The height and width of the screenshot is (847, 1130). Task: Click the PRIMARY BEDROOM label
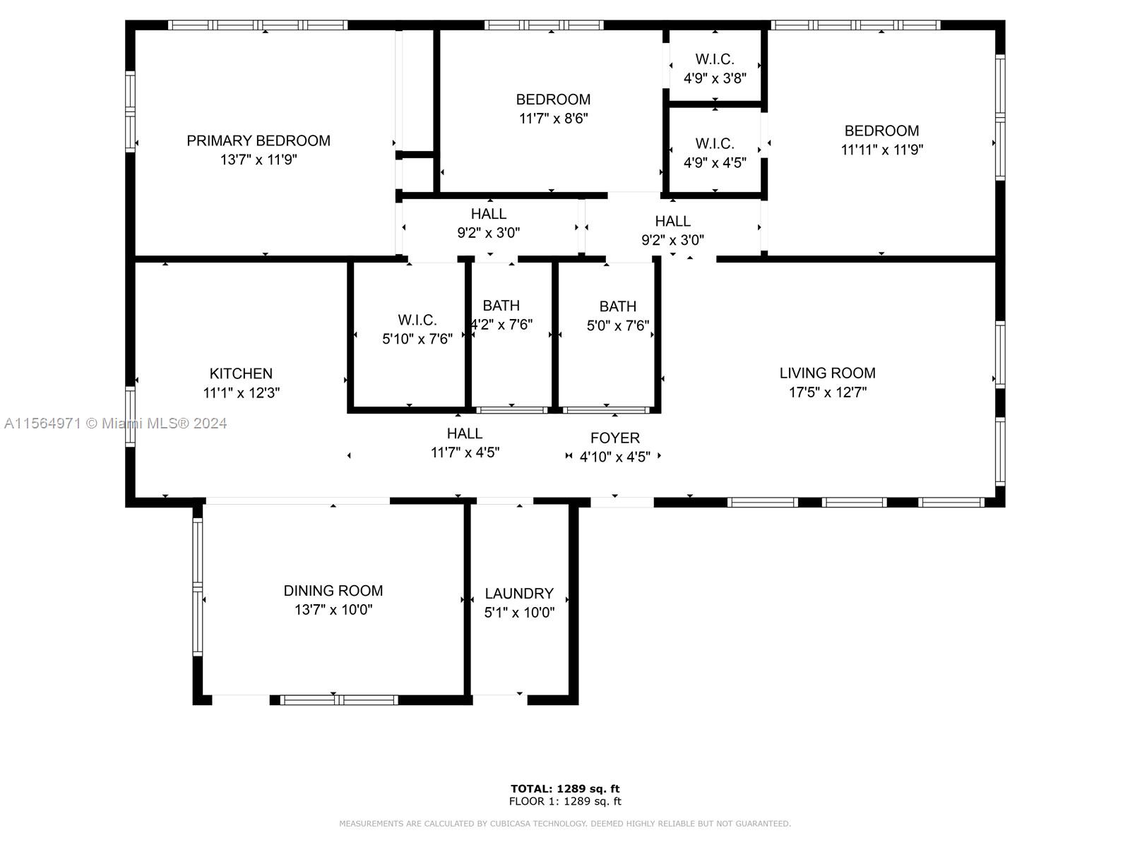(x=258, y=140)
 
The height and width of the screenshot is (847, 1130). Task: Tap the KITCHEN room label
(x=241, y=373)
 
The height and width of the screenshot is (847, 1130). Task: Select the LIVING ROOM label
(x=827, y=373)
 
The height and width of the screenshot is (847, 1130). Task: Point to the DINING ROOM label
(x=333, y=590)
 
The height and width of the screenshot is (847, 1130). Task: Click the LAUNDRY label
(x=519, y=594)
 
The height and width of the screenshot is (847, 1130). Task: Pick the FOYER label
(x=614, y=438)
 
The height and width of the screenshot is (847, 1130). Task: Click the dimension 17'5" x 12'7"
(x=828, y=392)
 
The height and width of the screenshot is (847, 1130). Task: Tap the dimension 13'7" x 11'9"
(x=258, y=160)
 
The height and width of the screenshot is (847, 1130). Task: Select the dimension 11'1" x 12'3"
(x=242, y=393)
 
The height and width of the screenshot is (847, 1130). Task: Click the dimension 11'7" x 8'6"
(x=554, y=119)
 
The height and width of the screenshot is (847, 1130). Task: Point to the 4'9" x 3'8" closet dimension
(x=715, y=78)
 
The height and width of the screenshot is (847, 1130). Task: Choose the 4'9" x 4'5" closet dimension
(x=715, y=163)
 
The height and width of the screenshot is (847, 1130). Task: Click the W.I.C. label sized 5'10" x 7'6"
(x=417, y=320)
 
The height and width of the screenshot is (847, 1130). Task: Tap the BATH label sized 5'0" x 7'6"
(x=618, y=306)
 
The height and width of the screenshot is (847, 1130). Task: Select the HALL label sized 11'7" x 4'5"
(x=464, y=433)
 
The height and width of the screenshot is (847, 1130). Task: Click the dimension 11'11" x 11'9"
(x=882, y=150)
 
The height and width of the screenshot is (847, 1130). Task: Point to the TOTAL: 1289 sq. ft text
(x=565, y=788)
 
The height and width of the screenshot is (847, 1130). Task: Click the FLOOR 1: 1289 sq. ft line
(x=565, y=801)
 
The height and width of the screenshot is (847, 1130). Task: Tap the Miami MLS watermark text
(x=115, y=423)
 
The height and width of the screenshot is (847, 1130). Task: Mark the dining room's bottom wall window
(x=339, y=700)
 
